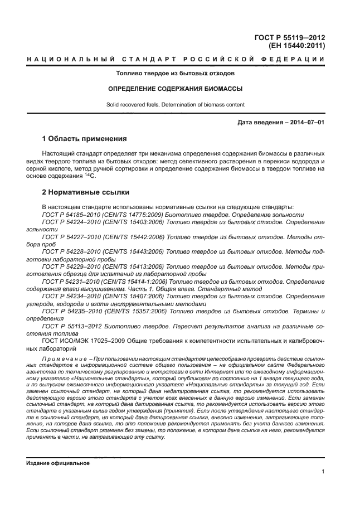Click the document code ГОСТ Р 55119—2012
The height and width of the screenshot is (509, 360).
pos(289,37)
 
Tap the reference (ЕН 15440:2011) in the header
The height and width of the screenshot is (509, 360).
pos(296,46)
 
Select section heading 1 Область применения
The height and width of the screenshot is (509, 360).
pos(85,138)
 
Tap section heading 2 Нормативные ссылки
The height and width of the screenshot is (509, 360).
pos(86,192)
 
